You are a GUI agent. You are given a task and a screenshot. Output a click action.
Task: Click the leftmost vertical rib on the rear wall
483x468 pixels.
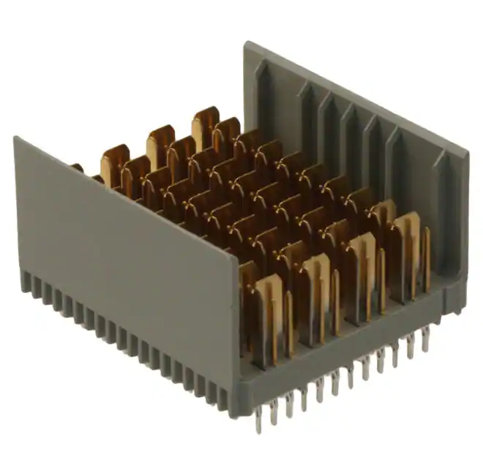265,95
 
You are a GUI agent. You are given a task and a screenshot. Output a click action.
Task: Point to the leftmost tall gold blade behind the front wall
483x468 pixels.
114,165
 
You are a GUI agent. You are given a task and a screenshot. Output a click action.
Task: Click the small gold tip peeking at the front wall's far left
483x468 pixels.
77,167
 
